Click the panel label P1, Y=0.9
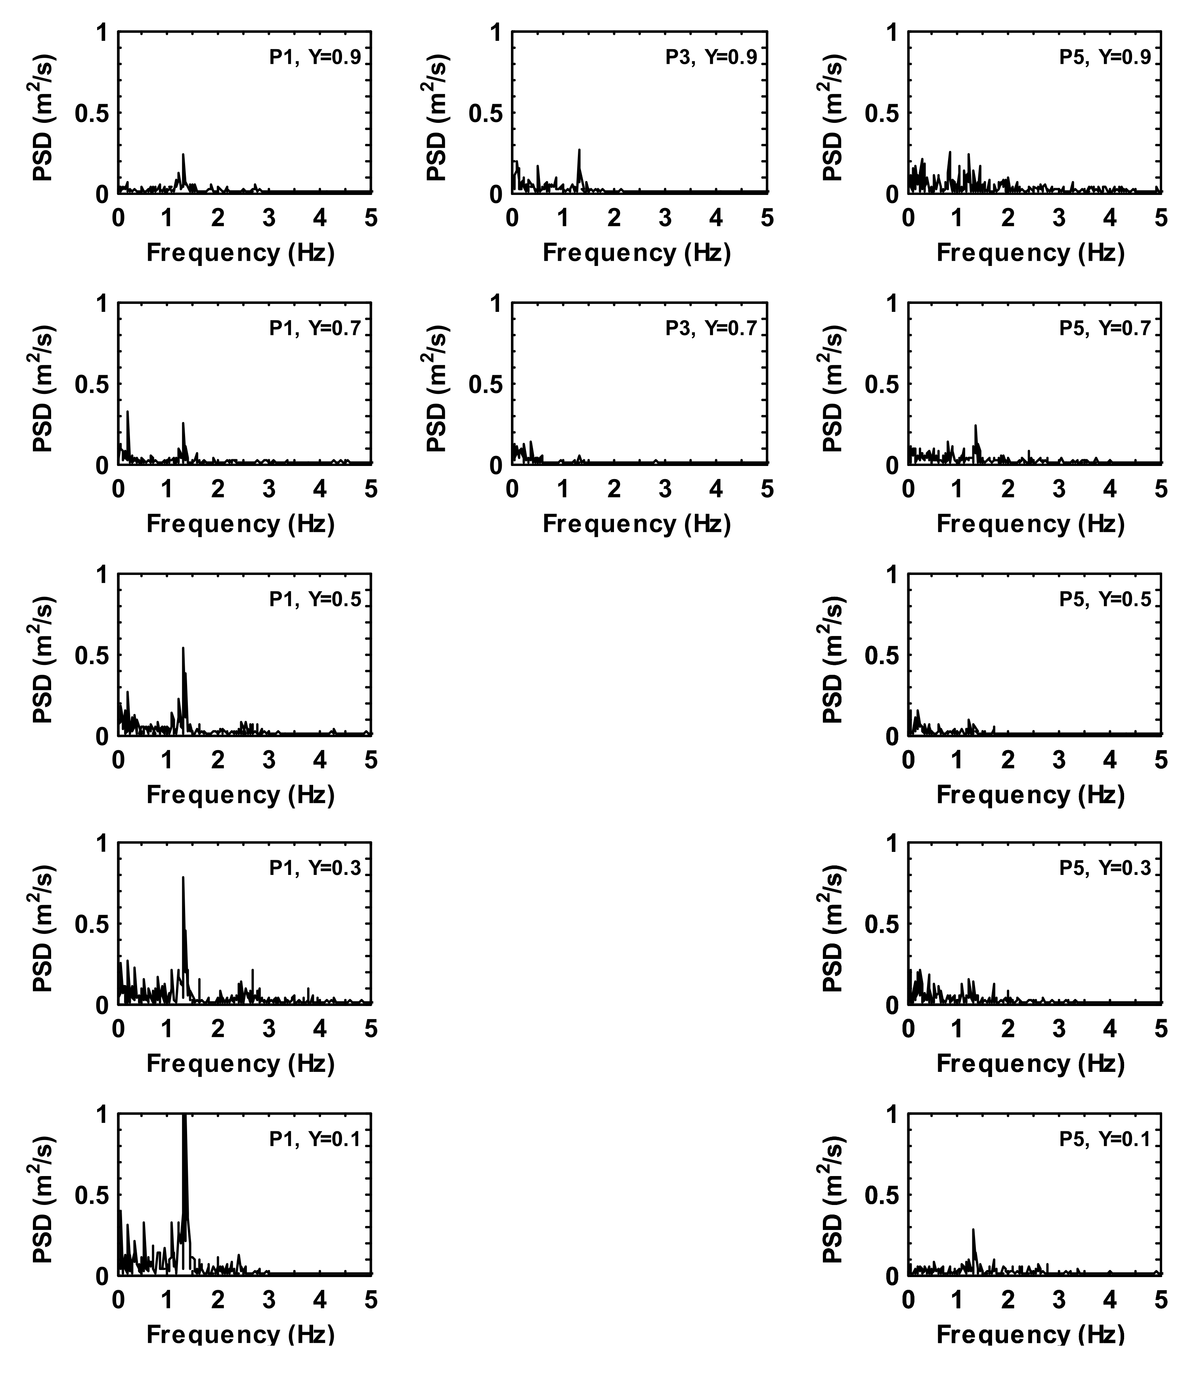click(315, 57)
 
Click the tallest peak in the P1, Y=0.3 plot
click(183, 878)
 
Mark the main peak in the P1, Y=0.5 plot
click(183, 648)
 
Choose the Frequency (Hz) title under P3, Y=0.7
click(636, 523)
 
